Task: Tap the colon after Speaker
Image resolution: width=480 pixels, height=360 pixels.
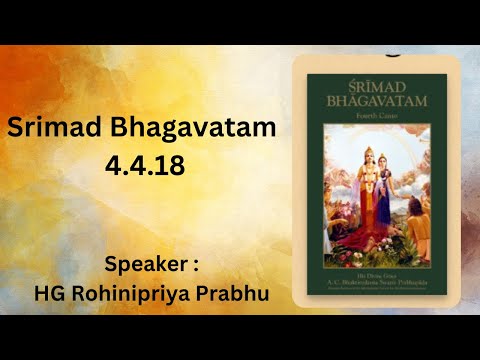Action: pyautogui.click(x=196, y=266)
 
